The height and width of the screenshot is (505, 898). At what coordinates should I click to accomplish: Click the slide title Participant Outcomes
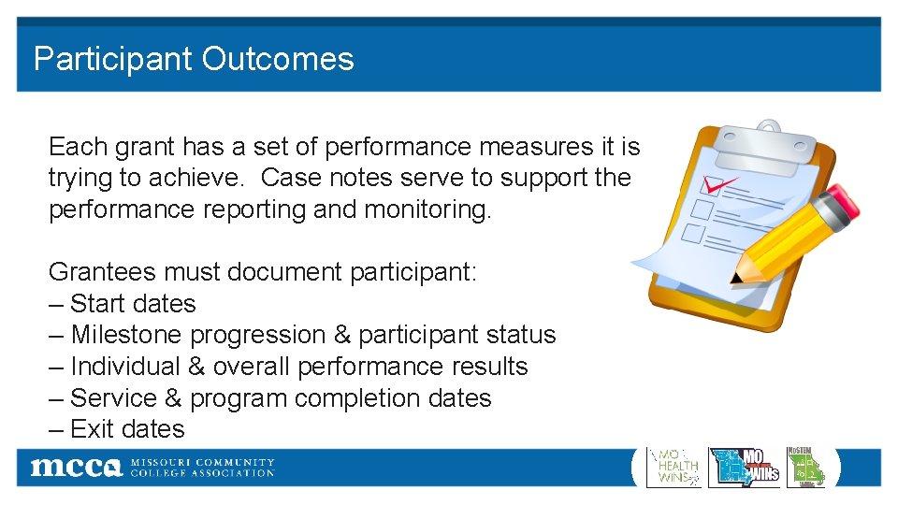click(x=194, y=59)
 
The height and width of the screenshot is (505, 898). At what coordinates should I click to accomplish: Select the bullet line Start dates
click(x=123, y=304)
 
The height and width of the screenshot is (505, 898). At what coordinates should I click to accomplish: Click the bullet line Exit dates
click(x=117, y=429)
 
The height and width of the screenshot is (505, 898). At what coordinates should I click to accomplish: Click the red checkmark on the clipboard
click(x=718, y=183)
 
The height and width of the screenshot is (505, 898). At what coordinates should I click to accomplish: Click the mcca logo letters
click(x=76, y=468)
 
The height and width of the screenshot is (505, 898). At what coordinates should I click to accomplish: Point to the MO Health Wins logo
click(x=673, y=467)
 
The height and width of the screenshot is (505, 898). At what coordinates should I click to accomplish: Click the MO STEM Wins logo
click(x=806, y=467)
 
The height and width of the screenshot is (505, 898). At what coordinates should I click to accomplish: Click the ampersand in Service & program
click(x=173, y=398)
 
